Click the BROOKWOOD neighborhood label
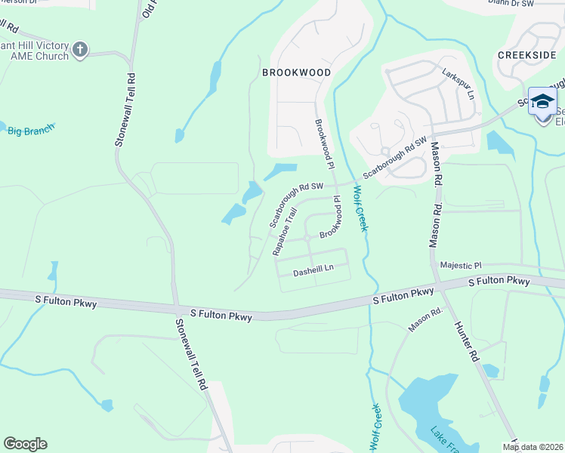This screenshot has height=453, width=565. [296, 72]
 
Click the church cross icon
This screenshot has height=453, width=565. [81, 51]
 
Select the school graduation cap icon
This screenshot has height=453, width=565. [542, 100]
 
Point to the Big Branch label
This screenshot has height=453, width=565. [31, 131]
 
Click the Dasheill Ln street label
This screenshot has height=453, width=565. [313, 268]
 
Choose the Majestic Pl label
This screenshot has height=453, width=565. [461, 266]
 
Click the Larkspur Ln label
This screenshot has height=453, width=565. [459, 85]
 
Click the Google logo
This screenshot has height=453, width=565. [25, 444]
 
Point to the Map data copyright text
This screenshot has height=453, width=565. [533, 447]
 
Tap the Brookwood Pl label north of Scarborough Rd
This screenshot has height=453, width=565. [323, 143]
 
